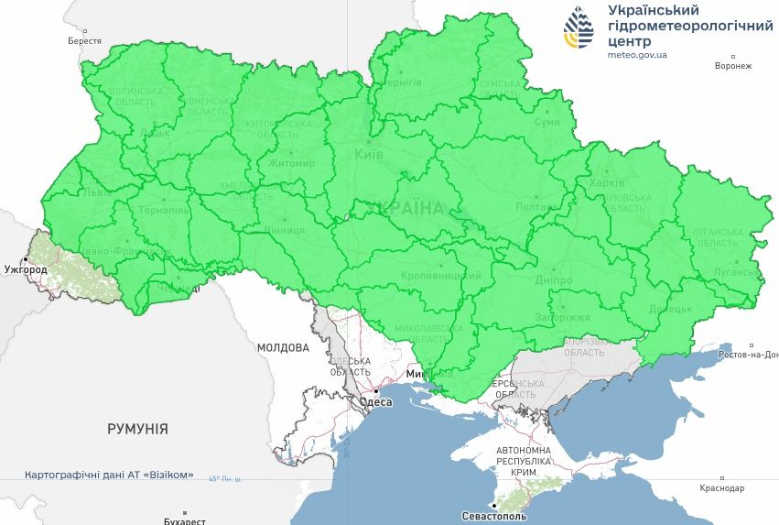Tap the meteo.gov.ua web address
click(x=637, y=55)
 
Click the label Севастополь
click(x=524, y=517)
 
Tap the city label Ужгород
click(x=25, y=270)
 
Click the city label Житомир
click(x=291, y=163)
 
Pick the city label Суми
click(x=547, y=122)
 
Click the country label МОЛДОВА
click(x=284, y=348)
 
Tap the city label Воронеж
click(x=733, y=66)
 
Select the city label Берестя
click(x=84, y=41)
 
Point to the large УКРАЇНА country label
click(x=403, y=209)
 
